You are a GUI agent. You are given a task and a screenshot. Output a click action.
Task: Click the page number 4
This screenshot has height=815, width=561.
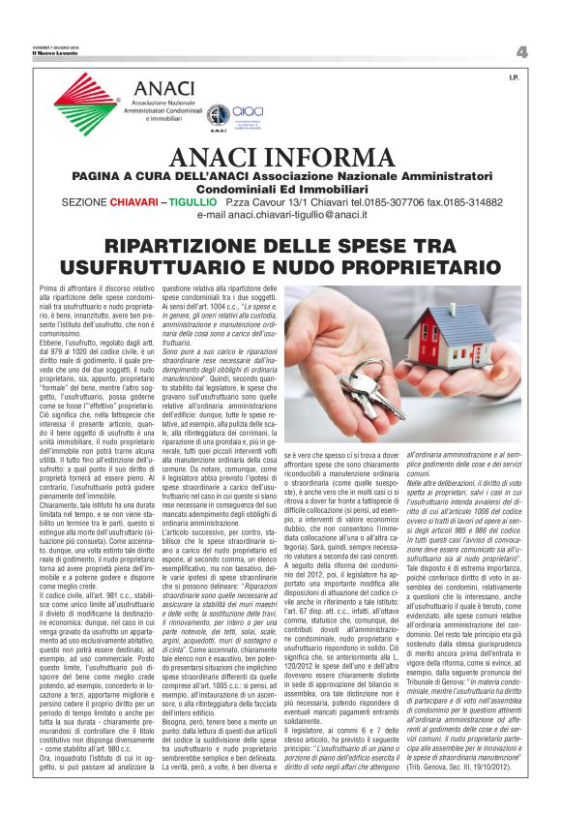point(521,51)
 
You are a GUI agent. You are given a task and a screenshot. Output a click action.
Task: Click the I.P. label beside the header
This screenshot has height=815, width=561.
point(514,76)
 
